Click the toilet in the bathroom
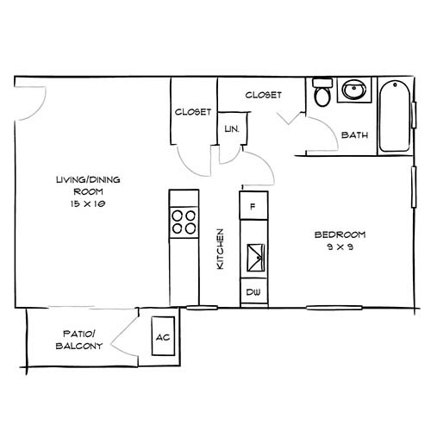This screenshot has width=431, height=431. (x=322, y=92)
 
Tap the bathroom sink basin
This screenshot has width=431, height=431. (x=353, y=89)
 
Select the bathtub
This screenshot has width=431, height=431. (x=395, y=116)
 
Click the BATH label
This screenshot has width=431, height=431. (x=354, y=135)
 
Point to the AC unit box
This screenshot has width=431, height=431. (x=163, y=336)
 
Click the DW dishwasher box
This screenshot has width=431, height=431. (x=253, y=292)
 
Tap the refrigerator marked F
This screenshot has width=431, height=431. (x=253, y=206)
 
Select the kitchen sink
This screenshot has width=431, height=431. (x=255, y=258)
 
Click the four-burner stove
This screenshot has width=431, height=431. (x=184, y=222)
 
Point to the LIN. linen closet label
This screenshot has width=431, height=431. (x=232, y=129)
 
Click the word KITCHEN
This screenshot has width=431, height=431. (x=220, y=249)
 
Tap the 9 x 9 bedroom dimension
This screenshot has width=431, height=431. (x=340, y=247)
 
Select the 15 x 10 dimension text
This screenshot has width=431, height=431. (x=88, y=203)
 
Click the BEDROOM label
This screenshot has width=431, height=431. (x=340, y=234)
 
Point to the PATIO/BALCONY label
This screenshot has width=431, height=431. (x=79, y=340)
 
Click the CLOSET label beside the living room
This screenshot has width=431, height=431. (x=193, y=112)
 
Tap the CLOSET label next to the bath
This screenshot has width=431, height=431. (x=263, y=95)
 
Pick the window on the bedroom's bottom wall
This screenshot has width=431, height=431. (x=334, y=308)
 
